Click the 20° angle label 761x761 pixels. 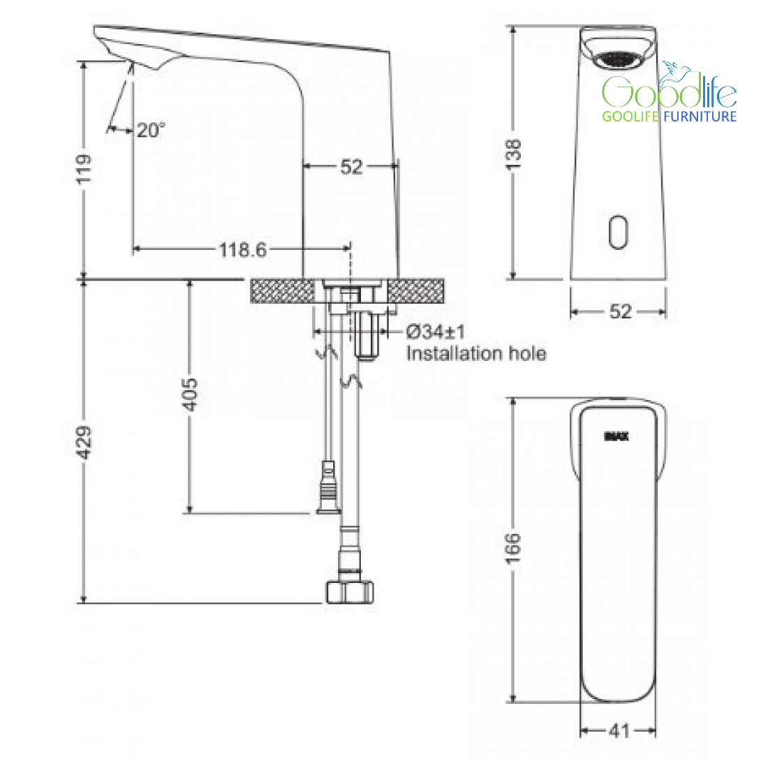151,130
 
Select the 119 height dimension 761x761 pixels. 84,169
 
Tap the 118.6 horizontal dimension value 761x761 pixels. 243,250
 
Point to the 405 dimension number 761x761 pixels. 190,394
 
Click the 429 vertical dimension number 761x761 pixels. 84,442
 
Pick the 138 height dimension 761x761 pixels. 513,154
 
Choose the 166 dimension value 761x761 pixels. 513,549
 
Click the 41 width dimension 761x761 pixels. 619,730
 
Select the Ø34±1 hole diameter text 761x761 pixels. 436,332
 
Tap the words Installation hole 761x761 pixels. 476,353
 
